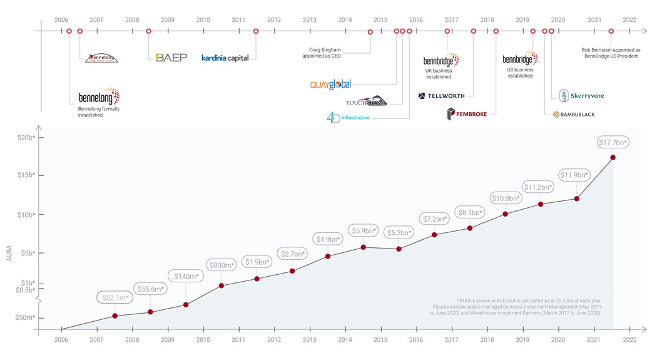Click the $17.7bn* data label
[x=613, y=143]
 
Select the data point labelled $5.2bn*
[x=399, y=249]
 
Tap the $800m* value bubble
[x=221, y=265]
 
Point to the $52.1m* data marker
[x=115, y=316]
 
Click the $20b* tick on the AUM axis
[x=26, y=137]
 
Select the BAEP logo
[x=171, y=58]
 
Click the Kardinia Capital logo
[x=225, y=58]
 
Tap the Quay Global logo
[x=331, y=85]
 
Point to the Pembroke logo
[x=467, y=114]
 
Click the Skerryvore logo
[x=582, y=96]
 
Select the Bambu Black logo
[x=573, y=115]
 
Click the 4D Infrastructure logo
[x=348, y=117]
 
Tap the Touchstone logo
[x=367, y=101]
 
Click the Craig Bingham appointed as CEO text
[x=325, y=53]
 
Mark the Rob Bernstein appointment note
[x=611, y=53]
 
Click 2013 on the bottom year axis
[x=310, y=340]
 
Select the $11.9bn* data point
[x=576, y=198]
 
